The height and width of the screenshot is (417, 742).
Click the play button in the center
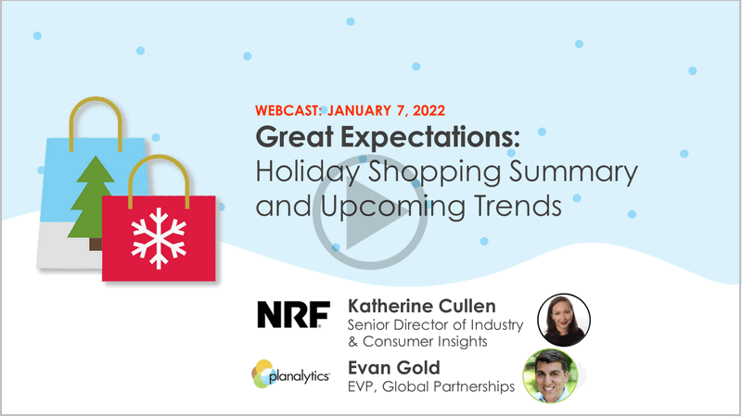(x=370, y=212)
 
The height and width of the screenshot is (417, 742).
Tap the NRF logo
(x=293, y=314)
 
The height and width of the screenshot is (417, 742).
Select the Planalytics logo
(x=290, y=374)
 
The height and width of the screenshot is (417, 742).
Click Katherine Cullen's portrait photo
(x=564, y=320)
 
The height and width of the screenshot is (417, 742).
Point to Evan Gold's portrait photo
(x=550, y=376)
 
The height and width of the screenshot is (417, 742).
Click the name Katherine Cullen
(x=422, y=306)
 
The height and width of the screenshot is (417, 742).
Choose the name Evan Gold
(x=393, y=368)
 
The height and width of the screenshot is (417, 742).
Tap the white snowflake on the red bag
(x=159, y=238)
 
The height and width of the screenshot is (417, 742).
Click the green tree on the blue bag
(x=91, y=197)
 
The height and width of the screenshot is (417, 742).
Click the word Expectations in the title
(x=430, y=137)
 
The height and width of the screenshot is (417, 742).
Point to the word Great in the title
(x=294, y=136)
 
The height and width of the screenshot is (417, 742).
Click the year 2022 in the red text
(x=429, y=110)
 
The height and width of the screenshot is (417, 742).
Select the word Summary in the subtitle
(x=573, y=172)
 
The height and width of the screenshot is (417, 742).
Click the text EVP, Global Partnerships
(x=431, y=386)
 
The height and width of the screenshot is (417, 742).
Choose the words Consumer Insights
(x=425, y=341)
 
